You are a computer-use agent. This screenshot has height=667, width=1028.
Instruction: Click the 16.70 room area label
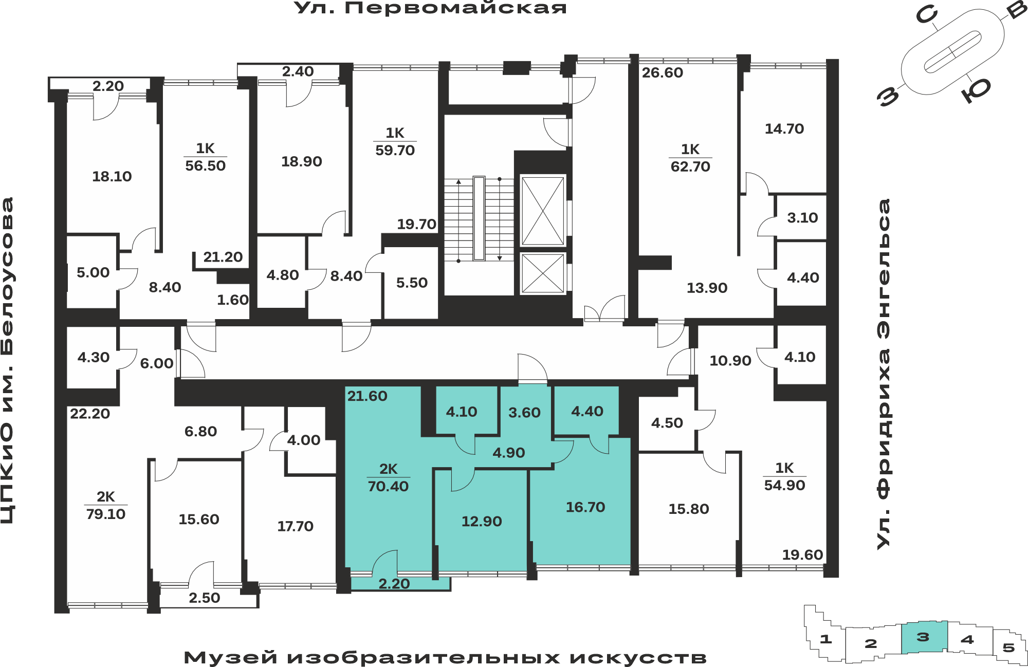pyautogui.click(x=585, y=507)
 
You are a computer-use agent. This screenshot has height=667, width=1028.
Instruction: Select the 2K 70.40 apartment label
pyautogui.click(x=388, y=478)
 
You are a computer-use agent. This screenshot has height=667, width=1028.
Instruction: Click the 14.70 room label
pyautogui.click(x=784, y=129)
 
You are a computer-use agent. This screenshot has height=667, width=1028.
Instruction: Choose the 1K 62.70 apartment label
pyautogui.click(x=690, y=158)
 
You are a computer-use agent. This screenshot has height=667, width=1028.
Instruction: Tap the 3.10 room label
pyautogui.click(x=802, y=218)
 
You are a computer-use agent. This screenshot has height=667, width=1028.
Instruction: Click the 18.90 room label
pyautogui.click(x=302, y=162)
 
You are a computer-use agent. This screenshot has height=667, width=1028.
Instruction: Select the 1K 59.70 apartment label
pyautogui.click(x=395, y=142)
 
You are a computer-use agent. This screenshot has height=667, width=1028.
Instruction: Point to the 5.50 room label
pyautogui.click(x=412, y=283)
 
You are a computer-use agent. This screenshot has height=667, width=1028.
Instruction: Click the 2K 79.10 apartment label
pyautogui.click(x=106, y=506)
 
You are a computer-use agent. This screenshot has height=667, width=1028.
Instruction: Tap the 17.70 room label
pyautogui.click(x=295, y=526)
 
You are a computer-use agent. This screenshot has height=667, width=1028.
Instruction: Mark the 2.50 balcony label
pyautogui.click(x=204, y=598)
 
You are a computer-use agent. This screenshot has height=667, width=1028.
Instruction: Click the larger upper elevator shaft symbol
pyautogui.click(x=543, y=211)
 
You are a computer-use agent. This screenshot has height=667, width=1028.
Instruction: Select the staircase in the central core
pyautogui.click(x=479, y=219)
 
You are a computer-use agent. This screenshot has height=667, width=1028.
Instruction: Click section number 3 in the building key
pyautogui.click(x=923, y=637)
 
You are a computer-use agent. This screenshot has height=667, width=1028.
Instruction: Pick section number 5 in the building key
pyautogui.click(x=1008, y=647)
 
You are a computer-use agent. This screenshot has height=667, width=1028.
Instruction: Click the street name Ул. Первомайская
pyautogui.click(x=430, y=8)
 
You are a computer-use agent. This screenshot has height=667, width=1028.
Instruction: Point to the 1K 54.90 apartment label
pyautogui.click(x=784, y=477)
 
